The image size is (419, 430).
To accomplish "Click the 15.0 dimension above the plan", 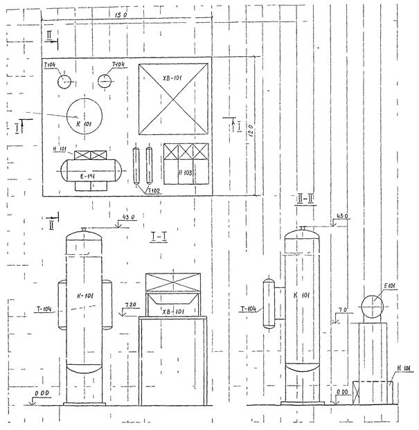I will coord(123,15).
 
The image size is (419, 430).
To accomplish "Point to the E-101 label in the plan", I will coord(87,177).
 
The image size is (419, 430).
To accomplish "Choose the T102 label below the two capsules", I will coord(153,190).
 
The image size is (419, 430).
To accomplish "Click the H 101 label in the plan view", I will coord(60,149).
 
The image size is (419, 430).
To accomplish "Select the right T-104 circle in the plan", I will coord(105,80).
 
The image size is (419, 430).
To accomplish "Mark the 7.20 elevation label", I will coord(130,305).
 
